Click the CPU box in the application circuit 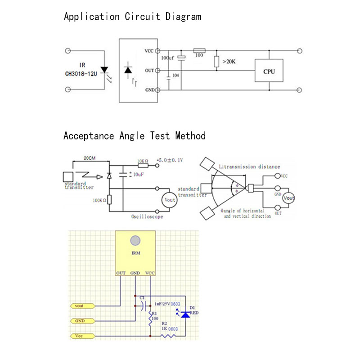tap(270, 71)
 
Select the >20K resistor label tap(228, 61)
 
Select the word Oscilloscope tap(147, 216)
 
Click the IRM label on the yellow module tap(136, 253)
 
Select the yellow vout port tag tap(83, 306)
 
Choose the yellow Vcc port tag tap(83, 335)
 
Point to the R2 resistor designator tap(164, 324)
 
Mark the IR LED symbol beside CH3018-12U tap(105, 71)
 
